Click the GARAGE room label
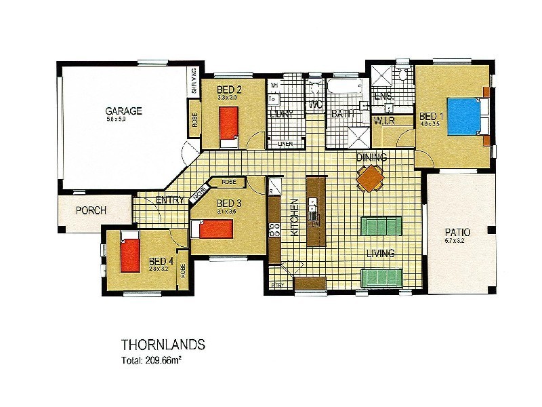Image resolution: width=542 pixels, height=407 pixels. tap(123, 111)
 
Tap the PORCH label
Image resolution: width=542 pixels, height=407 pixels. tap(91, 210)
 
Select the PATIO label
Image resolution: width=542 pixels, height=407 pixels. tap(457, 232)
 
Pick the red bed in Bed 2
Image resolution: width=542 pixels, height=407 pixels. tap(229, 125)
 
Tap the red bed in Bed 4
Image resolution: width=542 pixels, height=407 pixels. tap(129, 252)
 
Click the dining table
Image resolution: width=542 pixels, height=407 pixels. tap(371, 180)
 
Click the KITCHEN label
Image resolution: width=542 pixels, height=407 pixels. tap(295, 217)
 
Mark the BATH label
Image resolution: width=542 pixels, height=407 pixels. tap(343, 114)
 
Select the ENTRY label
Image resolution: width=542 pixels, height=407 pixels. tap(169, 200)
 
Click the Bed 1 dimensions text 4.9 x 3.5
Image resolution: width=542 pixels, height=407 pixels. tap(430, 124)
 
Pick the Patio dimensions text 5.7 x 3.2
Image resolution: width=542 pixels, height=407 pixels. tap(457, 241)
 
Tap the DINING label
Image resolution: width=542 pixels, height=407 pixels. tap(372, 158)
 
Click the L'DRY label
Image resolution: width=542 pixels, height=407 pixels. tap(280, 114)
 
